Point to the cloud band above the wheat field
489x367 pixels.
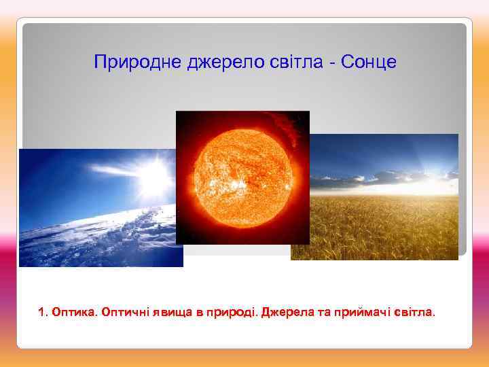(x=380, y=179)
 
